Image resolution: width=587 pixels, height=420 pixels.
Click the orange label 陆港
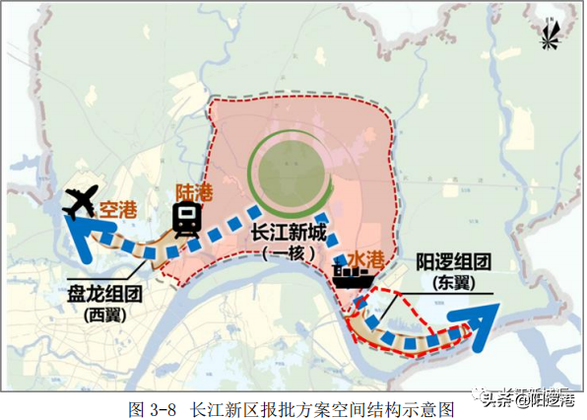coord(189,190)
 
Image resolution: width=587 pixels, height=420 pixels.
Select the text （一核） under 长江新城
coord(287,253)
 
